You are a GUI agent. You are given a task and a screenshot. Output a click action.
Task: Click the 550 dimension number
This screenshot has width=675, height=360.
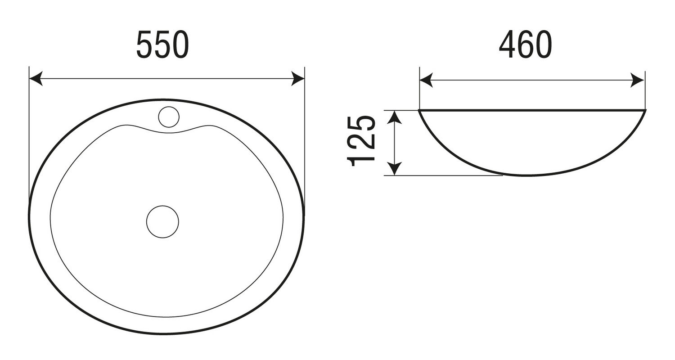click(162, 45)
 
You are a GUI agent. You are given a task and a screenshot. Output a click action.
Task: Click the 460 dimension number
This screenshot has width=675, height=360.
click(525, 45)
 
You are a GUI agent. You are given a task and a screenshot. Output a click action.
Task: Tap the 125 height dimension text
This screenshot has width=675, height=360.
click(361, 141)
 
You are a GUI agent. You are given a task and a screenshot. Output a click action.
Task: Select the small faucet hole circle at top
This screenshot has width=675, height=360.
click(169, 117)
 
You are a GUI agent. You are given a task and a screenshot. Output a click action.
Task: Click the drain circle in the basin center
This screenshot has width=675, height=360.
click(162, 221)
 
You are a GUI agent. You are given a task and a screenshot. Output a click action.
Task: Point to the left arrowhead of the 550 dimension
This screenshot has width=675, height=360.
click(36, 78)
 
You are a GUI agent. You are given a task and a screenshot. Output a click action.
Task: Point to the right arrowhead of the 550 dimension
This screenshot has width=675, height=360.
click(298, 78)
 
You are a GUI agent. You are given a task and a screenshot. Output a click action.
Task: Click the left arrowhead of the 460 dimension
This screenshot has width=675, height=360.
click(426, 80)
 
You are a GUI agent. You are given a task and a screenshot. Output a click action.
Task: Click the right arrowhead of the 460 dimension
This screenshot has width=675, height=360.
click(638, 80)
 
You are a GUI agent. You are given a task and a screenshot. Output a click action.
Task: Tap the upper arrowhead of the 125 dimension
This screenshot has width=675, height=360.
click(395, 117)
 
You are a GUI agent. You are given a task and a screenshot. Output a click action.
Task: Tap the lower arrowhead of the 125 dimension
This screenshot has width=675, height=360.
click(395, 169)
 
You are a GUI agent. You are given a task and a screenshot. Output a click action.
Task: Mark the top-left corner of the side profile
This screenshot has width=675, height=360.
click(420, 110)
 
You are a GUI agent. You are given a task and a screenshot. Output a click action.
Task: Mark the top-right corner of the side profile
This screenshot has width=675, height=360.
click(646, 110)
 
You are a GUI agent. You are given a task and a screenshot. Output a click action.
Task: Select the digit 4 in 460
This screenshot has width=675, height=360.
click(507, 45)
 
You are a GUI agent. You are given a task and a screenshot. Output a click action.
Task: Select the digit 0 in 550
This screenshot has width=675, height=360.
click(180, 45)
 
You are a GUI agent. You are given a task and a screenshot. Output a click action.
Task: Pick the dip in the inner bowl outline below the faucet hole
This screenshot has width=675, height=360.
click(169, 133)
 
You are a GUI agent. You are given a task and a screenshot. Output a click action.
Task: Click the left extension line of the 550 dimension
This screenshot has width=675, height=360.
click(29, 135)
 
